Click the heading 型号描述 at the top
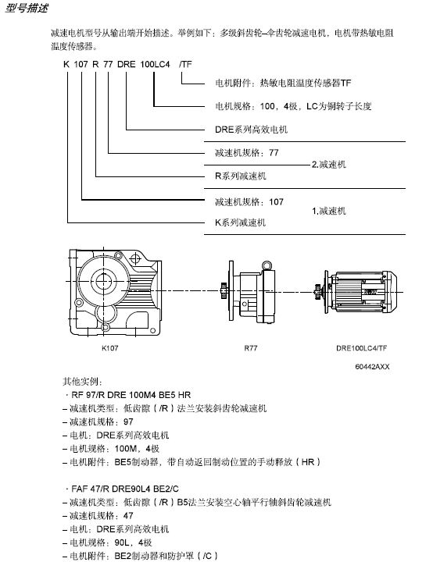(27, 8)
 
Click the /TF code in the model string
(185, 65)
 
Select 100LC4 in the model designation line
(155, 65)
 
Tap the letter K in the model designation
(66, 65)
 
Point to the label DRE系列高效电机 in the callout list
(251, 130)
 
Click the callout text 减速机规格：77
(247, 153)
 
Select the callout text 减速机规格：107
(249, 202)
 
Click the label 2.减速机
(329, 165)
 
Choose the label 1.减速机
(329, 211)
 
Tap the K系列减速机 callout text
(240, 222)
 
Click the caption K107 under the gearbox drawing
(110, 348)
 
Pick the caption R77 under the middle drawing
(251, 348)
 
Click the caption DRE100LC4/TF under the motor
(362, 348)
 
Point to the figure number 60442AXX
(372, 367)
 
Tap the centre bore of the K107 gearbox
(103, 281)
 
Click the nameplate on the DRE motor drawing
(370, 292)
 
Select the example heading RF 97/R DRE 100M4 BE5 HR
(131, 395)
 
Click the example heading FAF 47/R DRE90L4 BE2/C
(125, 489)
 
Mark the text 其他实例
(82, 382)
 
